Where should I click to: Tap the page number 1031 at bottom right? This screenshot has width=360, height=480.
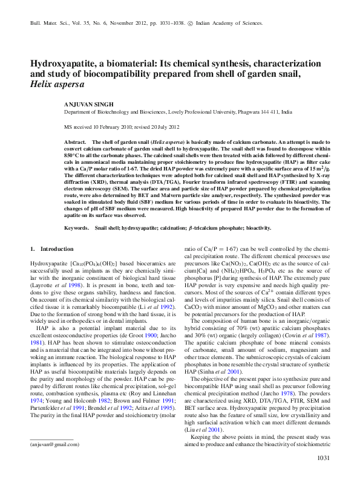324,458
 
